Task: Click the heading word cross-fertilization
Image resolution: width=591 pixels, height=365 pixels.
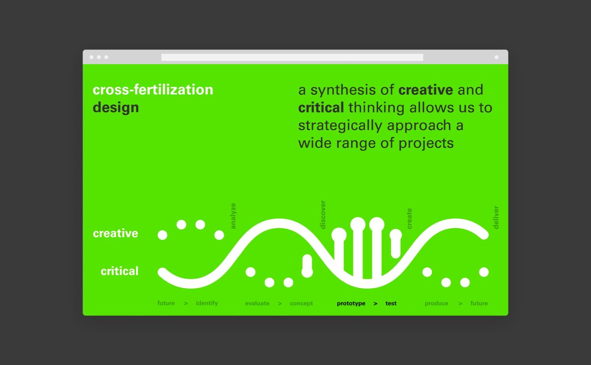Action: pos(153,90)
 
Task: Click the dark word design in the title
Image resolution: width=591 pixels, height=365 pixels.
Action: pos(116,108)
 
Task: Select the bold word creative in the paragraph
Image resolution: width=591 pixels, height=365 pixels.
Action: pos(426,90)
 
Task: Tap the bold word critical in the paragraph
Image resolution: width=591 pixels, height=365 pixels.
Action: pos(321,108)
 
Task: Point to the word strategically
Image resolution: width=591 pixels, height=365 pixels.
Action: pos(340,126)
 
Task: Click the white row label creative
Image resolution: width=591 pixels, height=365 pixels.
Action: pos(115,233)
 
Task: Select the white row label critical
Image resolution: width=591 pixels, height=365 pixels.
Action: pos(119,271)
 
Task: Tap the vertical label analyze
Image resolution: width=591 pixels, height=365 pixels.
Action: pos(233,216)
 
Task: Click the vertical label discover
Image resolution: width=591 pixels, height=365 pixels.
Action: pos(323,215)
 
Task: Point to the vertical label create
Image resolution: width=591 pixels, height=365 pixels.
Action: pos(409,218)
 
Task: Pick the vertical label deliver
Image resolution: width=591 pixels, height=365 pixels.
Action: pos(496,218)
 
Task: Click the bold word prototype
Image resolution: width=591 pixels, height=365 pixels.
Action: pos(351,303)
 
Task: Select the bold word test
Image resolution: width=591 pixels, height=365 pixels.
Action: pos(391,303)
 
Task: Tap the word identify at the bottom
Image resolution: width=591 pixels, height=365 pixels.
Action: pos(207,303)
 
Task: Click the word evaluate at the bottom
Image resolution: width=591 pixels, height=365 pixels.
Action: pos(257,303)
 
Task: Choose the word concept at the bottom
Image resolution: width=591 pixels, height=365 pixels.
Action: pos(301,303)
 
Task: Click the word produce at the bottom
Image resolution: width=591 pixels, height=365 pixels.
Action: pos(436,303)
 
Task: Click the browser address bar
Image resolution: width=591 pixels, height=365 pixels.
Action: pos(292,57)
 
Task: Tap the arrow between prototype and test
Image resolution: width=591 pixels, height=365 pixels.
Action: pos(376,304)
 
